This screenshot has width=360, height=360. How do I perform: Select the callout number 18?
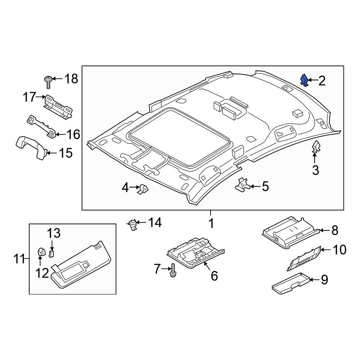pyautogui.click(x=71, y=78)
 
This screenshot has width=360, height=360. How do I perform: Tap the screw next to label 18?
pyautogui.click(x=48, y=81)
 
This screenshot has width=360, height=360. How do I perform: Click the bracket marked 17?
pyautogui.click(x=58, y=106)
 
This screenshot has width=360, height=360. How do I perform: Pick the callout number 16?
pyautogui.click(x=73, y=135)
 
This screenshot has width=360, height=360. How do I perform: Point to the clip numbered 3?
pyautogui.click(x=316, y=148)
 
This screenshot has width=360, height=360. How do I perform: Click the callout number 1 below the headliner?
pyautogui.click(x=211, y=224)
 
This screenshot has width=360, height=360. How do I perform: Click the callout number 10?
pyautogui.click(x=339, y=249)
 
